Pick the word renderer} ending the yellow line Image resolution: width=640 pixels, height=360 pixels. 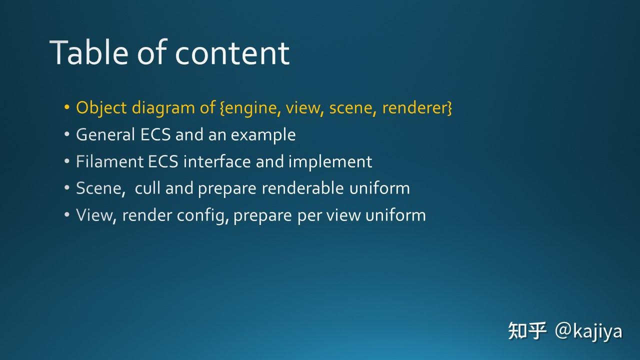[x=417, y=108]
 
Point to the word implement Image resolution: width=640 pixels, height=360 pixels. [x=330, y=162]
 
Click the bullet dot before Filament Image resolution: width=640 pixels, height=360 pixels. [x=67, y=162]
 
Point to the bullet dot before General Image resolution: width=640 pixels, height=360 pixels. [x=67, y=135]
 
